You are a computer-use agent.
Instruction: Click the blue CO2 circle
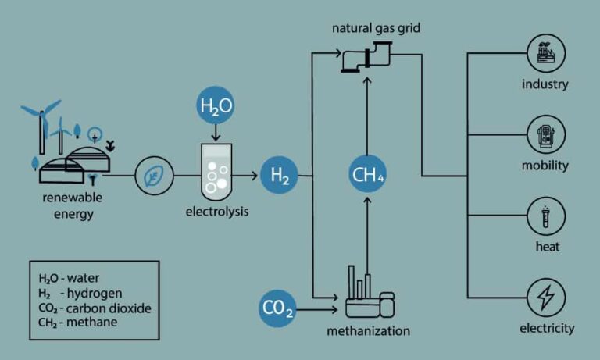(x=277, y=311)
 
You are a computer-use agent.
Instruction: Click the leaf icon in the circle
(x=149, y=176)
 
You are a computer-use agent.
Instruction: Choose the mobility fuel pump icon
(x=545, y=135)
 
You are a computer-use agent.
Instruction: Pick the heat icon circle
(x=545, y=217)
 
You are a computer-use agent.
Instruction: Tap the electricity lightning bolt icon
(x=545, y=298)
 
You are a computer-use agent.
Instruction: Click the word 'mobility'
(x=545, y=166)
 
